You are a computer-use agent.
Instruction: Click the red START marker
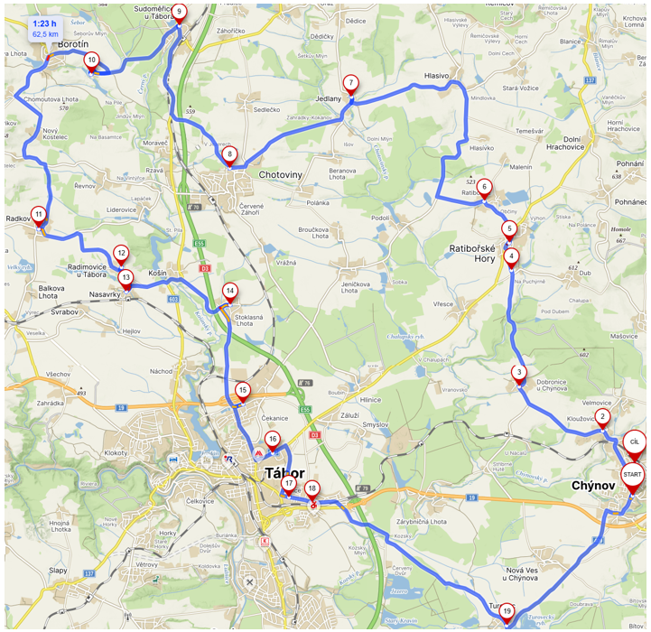click(x=633, y=476)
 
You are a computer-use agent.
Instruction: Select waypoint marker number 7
click(x=350, y=84)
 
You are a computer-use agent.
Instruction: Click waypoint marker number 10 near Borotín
click(x=91, y=60)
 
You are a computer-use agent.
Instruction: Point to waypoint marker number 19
click(x=507, y=612)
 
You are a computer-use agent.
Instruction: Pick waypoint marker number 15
click(x=242, y=391)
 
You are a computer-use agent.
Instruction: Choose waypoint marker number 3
click(x=519, y=372)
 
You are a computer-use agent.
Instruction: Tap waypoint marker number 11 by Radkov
click(x=38, y=215)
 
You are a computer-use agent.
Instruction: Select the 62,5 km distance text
click(x=45, y=34)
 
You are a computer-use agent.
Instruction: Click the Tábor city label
click(x=284, y=473)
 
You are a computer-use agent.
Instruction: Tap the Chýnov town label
click(x=593, y=486)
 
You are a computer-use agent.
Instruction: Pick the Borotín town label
click(x=71, y=42)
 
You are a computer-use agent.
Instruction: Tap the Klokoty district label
click(x=117, y=451)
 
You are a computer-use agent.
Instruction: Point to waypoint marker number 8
click(x=230, y=154)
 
